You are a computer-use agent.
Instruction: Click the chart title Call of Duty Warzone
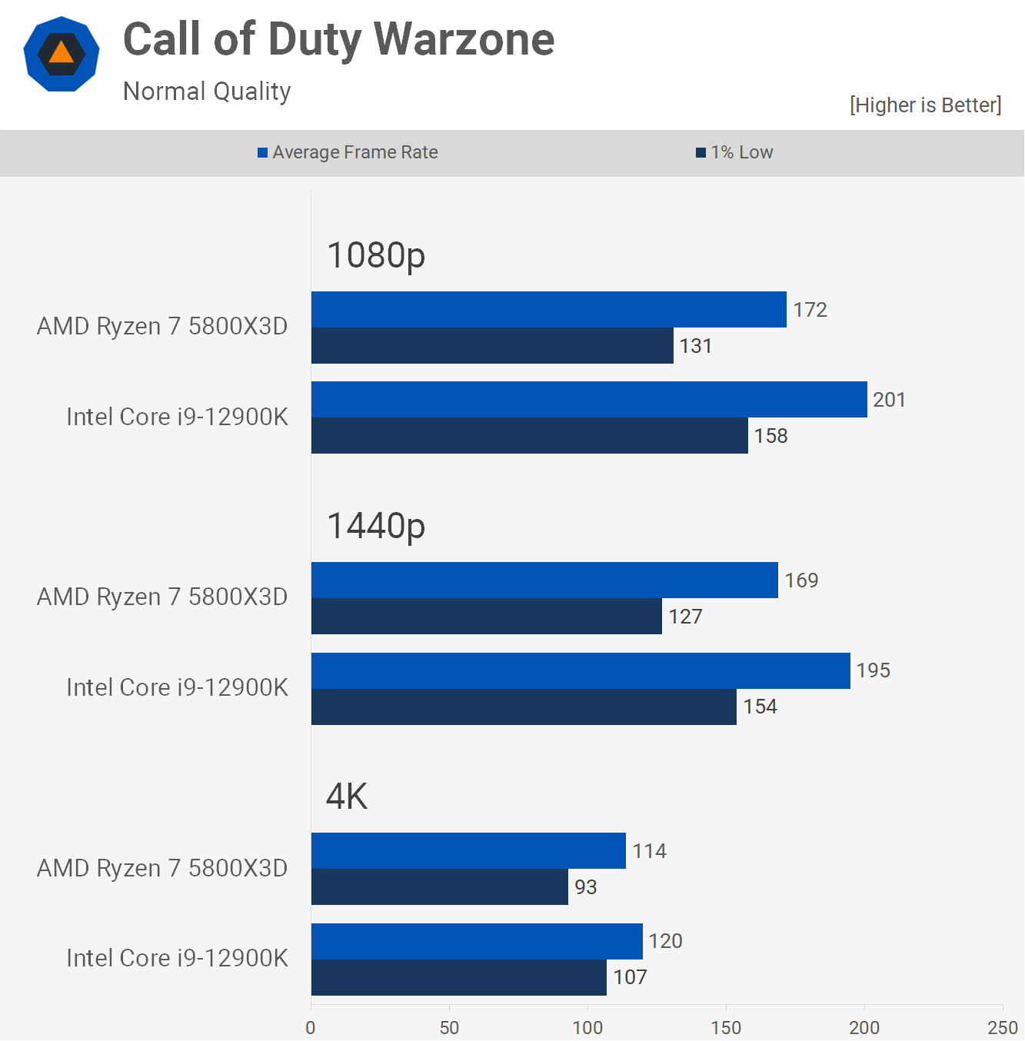click(x=338, y=40)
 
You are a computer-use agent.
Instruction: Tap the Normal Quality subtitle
click(x=207, y=91)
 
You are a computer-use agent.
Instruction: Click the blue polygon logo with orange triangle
click(x=62, y=54)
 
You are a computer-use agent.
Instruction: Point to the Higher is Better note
click(x=925, y=105)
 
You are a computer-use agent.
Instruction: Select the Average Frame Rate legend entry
click(x=348, y=152)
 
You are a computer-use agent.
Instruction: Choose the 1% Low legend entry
click(x=734, y=152)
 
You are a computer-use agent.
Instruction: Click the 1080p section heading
click(x=376, y=255)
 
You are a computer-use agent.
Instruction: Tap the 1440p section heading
click(x=376, y=526)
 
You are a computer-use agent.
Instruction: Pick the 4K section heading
click(x=347, y=797)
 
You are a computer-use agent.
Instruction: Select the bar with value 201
click(x=589, y=400)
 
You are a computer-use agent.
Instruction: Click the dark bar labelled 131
click(x=492, y=346)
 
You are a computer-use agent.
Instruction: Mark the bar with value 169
click(x=544, y=580)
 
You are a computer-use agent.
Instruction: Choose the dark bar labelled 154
click(x=524, y=707)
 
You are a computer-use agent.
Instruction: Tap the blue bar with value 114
click(x=468, y=851)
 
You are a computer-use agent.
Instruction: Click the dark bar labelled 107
click(x=459, y=977)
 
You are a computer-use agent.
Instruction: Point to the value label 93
click(x=586, y=887)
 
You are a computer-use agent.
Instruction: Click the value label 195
click(x=874, y=670)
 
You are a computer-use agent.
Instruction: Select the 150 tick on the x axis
click(x=726, y=1027)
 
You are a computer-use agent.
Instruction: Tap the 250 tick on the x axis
click(x=1002, y=1027)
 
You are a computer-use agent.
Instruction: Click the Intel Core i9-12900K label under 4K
click(x=177, y=958)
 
